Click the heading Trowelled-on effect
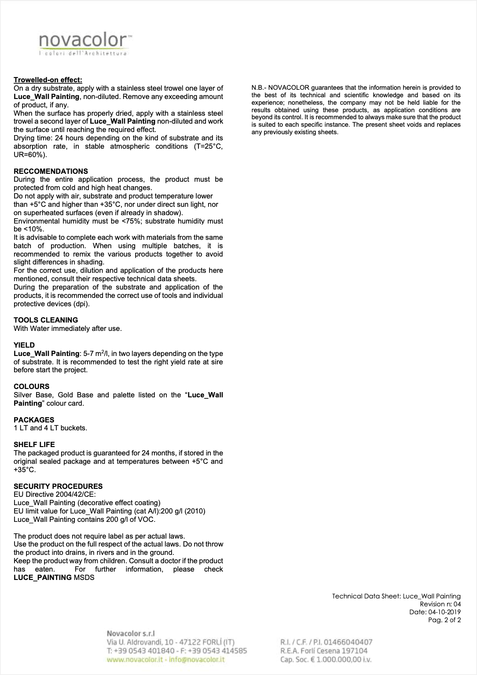(48, 80)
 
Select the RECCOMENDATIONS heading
(51, 171)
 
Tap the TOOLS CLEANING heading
(46, 320)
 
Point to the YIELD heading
(24, 345)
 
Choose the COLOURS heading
(32, 386)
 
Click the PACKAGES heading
(34, 420)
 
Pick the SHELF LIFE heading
(34, 444)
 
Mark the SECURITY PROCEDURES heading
(58, 486)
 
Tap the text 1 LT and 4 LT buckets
(50, 428)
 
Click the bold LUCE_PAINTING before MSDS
(43, 577)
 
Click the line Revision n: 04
(440, 604)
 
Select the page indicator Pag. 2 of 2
(444, 620)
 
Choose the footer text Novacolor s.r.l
(130, 634)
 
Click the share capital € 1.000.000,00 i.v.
(340, 659)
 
